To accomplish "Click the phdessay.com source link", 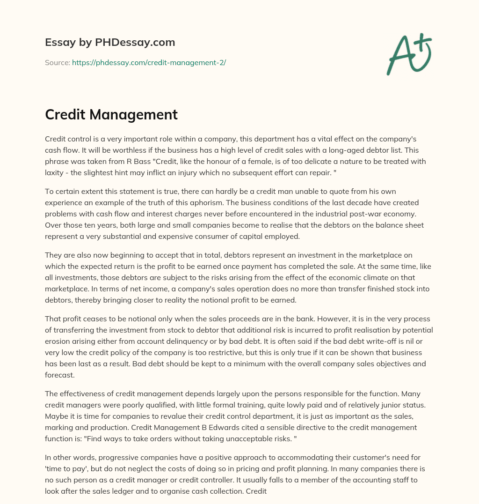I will (x=149, y=62).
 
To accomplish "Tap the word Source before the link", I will (x=57, y=62).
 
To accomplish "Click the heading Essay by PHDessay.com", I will (x=110, y=43).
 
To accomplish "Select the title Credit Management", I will (x=111, y=114).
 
